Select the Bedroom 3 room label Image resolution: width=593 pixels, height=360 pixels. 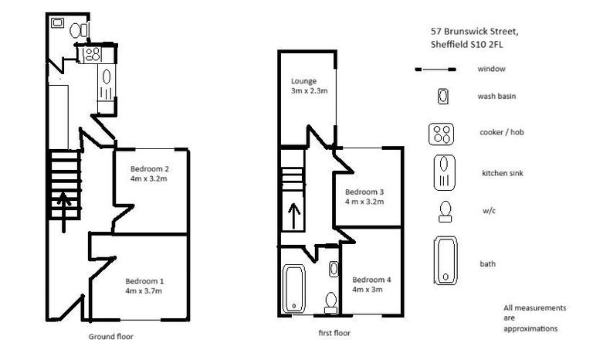click(364, 196)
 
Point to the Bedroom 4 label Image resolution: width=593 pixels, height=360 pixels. click(371, 284)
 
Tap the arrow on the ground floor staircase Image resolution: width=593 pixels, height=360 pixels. click(63, 205)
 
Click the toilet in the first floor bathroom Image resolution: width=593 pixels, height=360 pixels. click(331, 300)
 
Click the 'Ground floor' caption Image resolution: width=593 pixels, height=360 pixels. click(112, 337)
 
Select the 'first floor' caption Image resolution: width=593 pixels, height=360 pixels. click(334, 332)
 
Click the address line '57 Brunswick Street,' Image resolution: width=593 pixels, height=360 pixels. click(474, 32)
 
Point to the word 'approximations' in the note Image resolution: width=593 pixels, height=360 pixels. click(530, 328)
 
